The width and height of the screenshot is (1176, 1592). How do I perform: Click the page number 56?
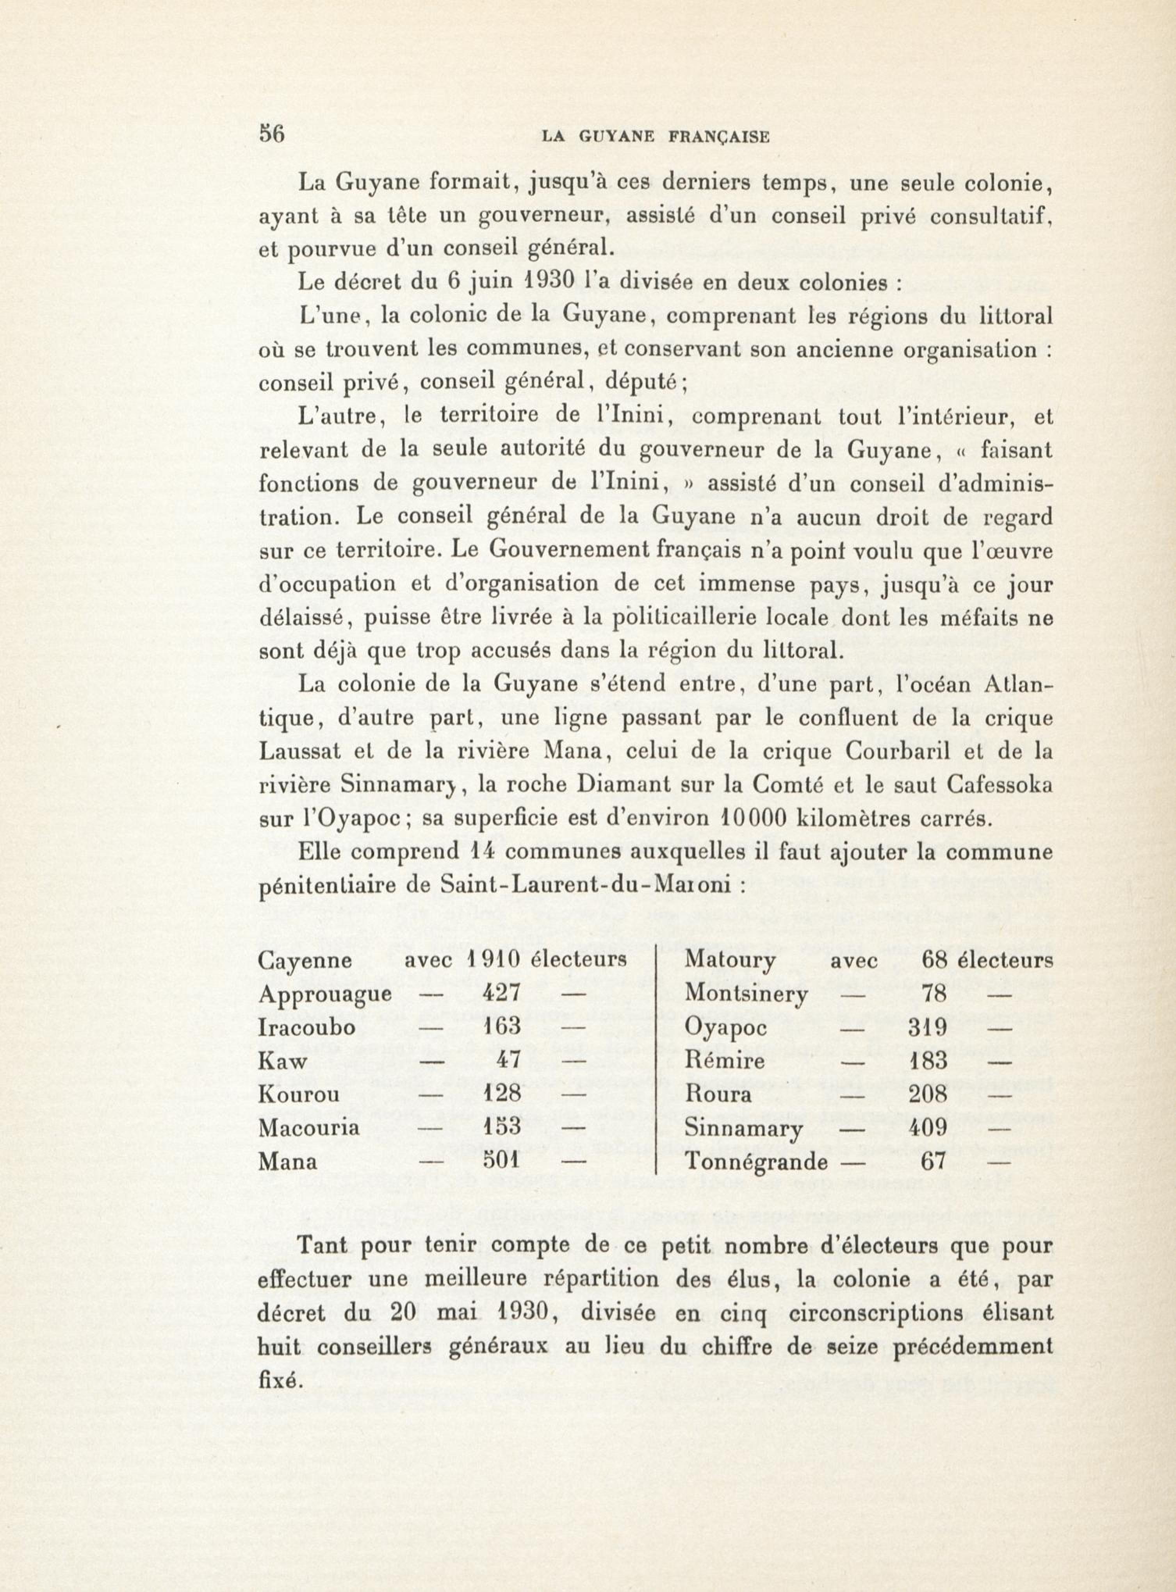tap(271, 135)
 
